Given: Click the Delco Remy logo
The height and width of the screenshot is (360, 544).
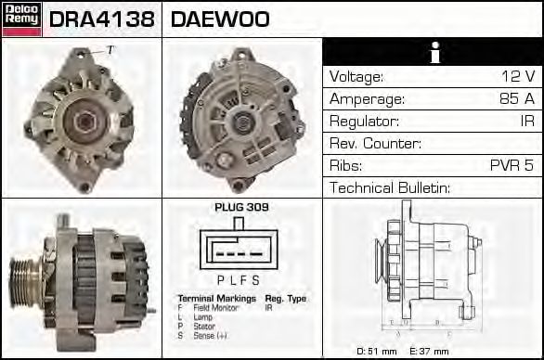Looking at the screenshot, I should point(21,19).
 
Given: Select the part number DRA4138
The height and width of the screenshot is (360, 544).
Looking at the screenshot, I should point(102,19).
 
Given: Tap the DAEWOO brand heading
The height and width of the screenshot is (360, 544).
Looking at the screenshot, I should point(219,19).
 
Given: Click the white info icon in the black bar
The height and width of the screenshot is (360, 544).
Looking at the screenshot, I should point(433,52).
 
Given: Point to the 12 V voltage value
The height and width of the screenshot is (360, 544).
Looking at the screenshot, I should point(517,76).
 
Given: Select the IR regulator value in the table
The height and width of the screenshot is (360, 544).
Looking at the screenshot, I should point(526,121).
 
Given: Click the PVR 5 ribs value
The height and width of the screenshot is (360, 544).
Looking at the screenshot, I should point(512,165).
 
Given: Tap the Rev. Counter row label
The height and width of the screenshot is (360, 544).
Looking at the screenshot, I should point(375,143).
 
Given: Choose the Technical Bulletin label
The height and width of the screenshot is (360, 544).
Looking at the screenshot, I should point(390,187).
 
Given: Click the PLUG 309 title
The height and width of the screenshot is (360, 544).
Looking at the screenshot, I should point(241,207).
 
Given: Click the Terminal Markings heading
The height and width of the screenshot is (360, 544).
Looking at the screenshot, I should point(216,298).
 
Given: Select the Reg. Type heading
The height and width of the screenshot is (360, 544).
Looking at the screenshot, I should point(284,298).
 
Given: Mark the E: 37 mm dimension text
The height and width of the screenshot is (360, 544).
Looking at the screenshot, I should point(429,351).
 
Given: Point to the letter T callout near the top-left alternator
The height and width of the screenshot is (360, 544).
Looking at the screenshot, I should point(110,49).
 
